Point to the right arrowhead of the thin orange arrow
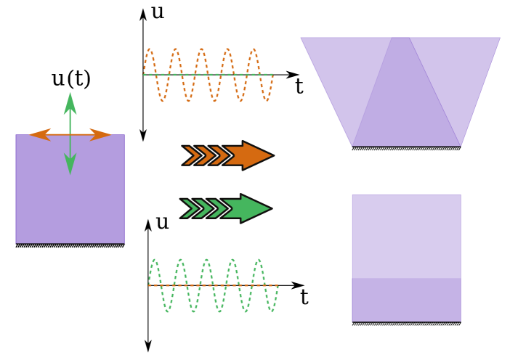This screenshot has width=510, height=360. click(x=103, y=134)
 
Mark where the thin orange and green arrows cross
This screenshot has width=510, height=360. click(x=70, y=134)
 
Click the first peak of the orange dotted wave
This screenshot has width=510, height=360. click(x=149, y=49)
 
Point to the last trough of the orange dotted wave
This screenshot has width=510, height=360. click(x=267, y=100)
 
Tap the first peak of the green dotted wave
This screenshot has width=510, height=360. click(x=155, y=260)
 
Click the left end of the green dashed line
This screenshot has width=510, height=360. click(x=143, y=75)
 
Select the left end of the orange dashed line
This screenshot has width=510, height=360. click(x=148, y=285)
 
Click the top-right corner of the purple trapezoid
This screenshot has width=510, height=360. click(x=500, y=38)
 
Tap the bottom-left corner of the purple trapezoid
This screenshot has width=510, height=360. click(x=352, y=146)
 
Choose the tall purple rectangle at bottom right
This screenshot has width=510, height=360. click(x=406, y=258)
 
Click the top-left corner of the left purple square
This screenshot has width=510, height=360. click(x=16, y=135)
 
